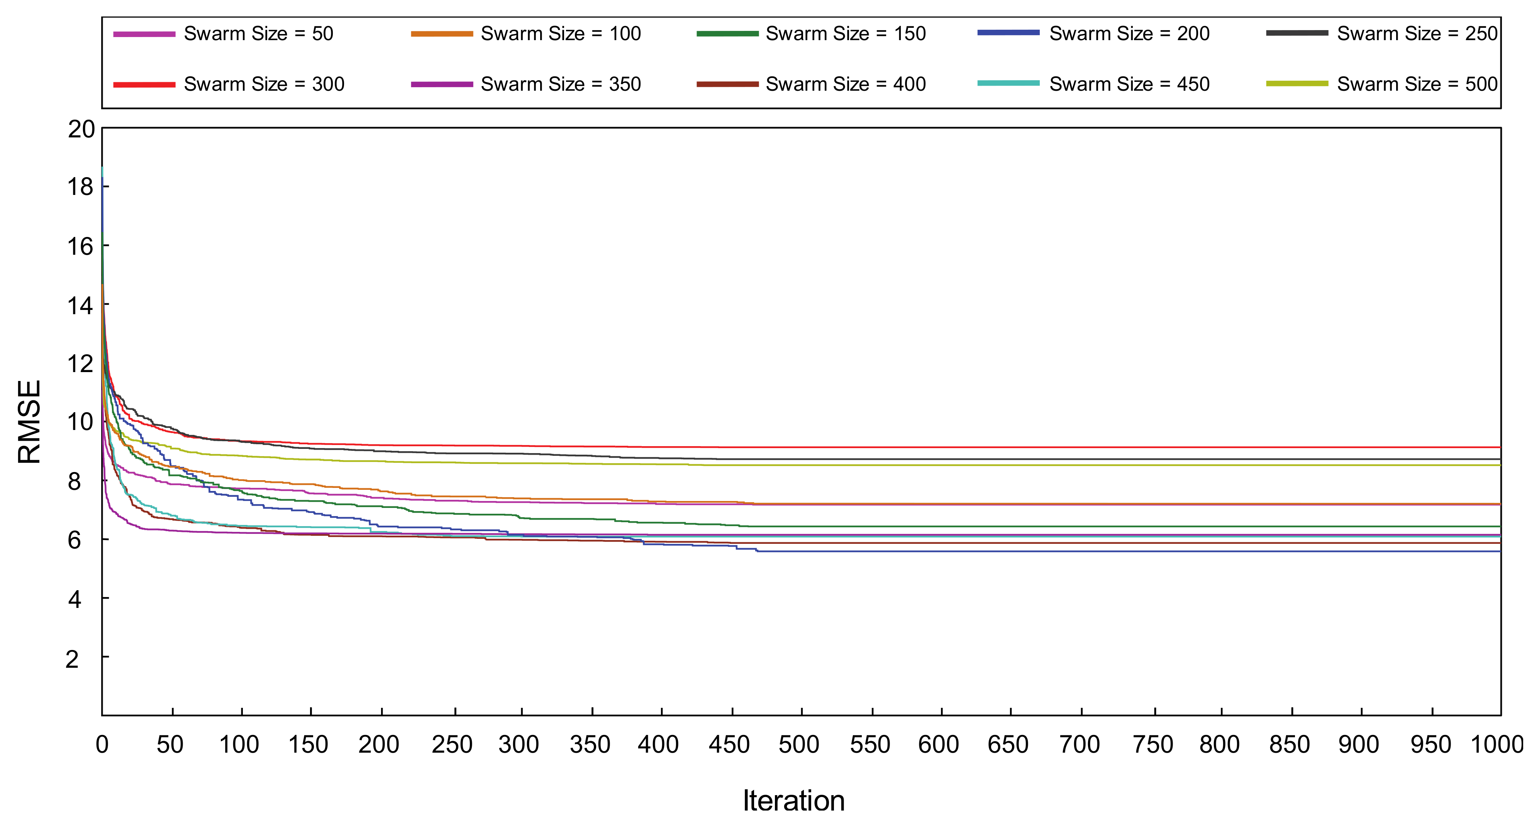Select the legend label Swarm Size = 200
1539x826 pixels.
point(1129,34)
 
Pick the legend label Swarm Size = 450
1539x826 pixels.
point(1129,84)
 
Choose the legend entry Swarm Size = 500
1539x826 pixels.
point(1417,84)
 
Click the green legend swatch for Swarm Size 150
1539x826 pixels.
point(727,34)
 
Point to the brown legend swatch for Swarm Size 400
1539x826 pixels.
point(727,84)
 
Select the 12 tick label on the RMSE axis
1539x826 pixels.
point(81,364)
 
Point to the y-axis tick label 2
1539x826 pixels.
point(72,659)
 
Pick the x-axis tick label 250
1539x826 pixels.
point(452,745)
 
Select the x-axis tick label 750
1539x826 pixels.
point(1153,745)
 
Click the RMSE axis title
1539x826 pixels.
point(29,421)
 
